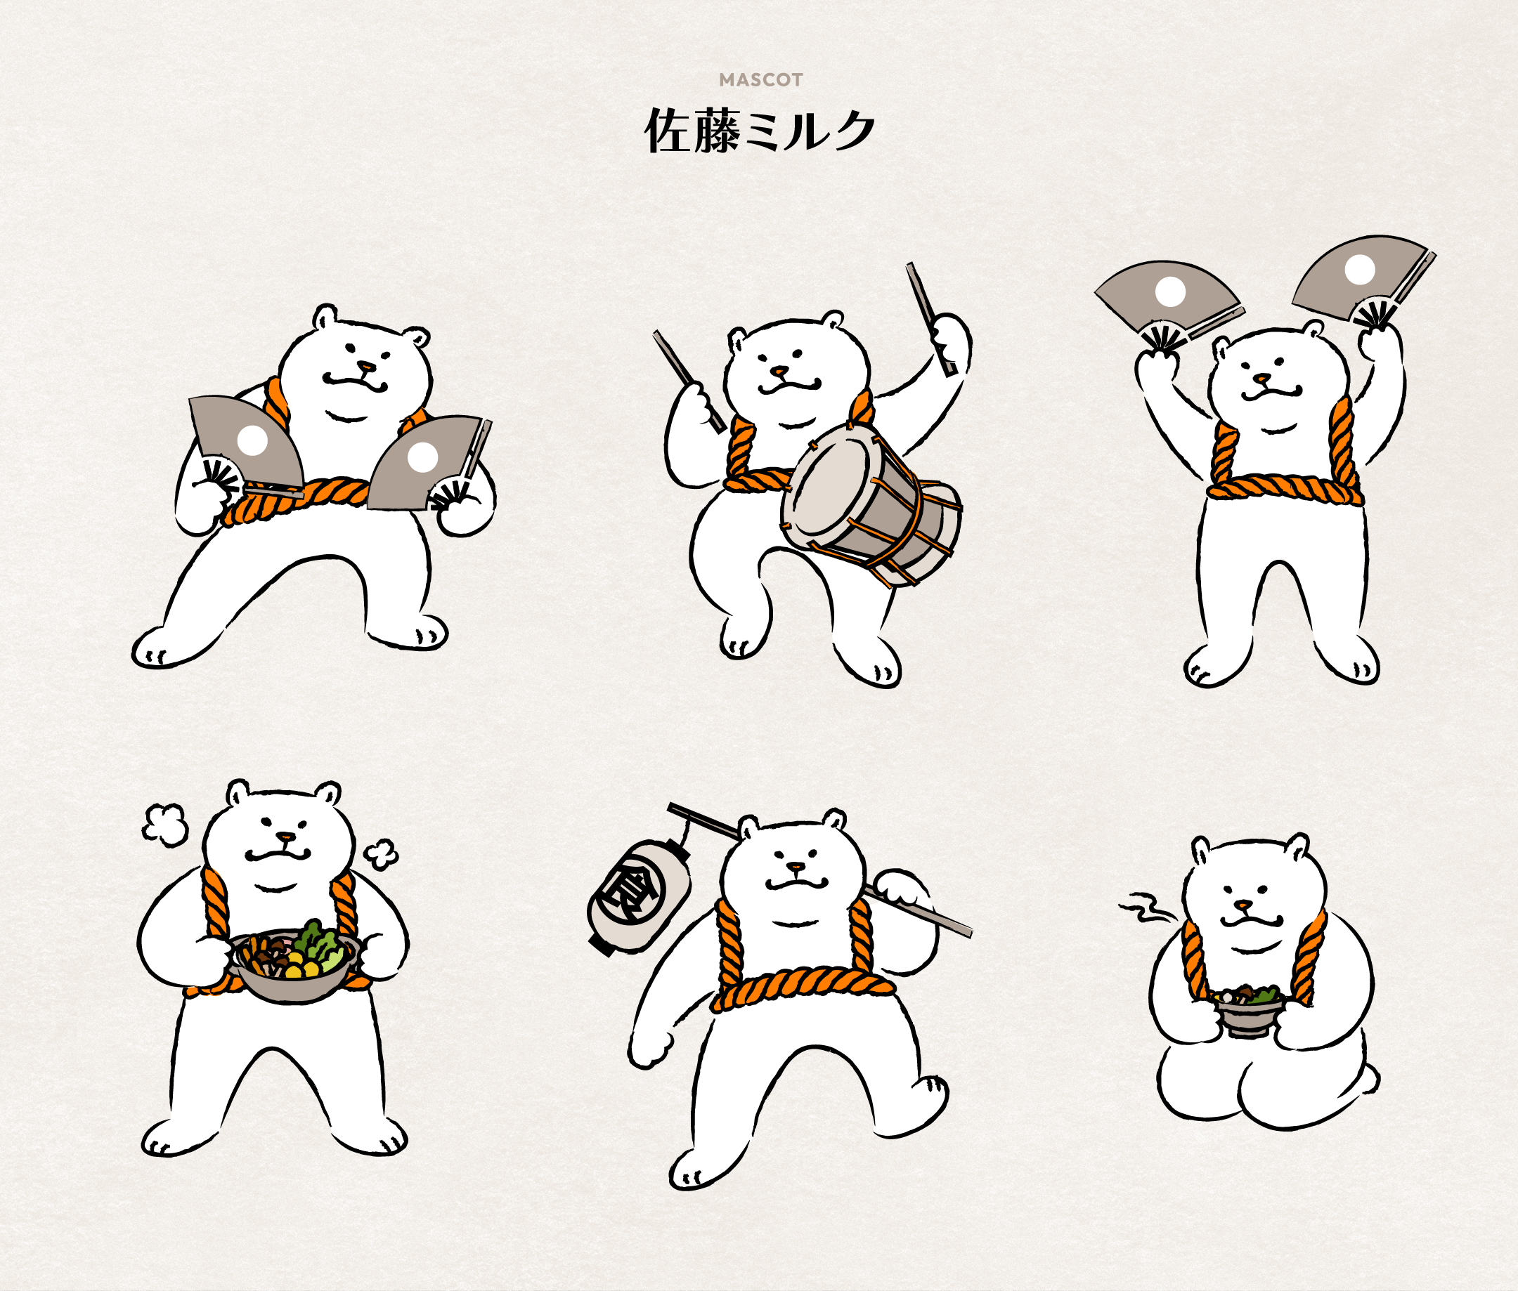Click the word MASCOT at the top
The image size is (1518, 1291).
click(761, 80)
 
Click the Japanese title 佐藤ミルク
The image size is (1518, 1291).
click(760, 131)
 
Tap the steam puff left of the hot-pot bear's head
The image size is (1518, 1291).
click(164, 825)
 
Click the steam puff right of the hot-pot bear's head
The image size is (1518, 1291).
click(381, 853)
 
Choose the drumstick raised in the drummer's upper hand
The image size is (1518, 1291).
click(930, 318)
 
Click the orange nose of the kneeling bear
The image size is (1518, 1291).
click(1244, 905)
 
